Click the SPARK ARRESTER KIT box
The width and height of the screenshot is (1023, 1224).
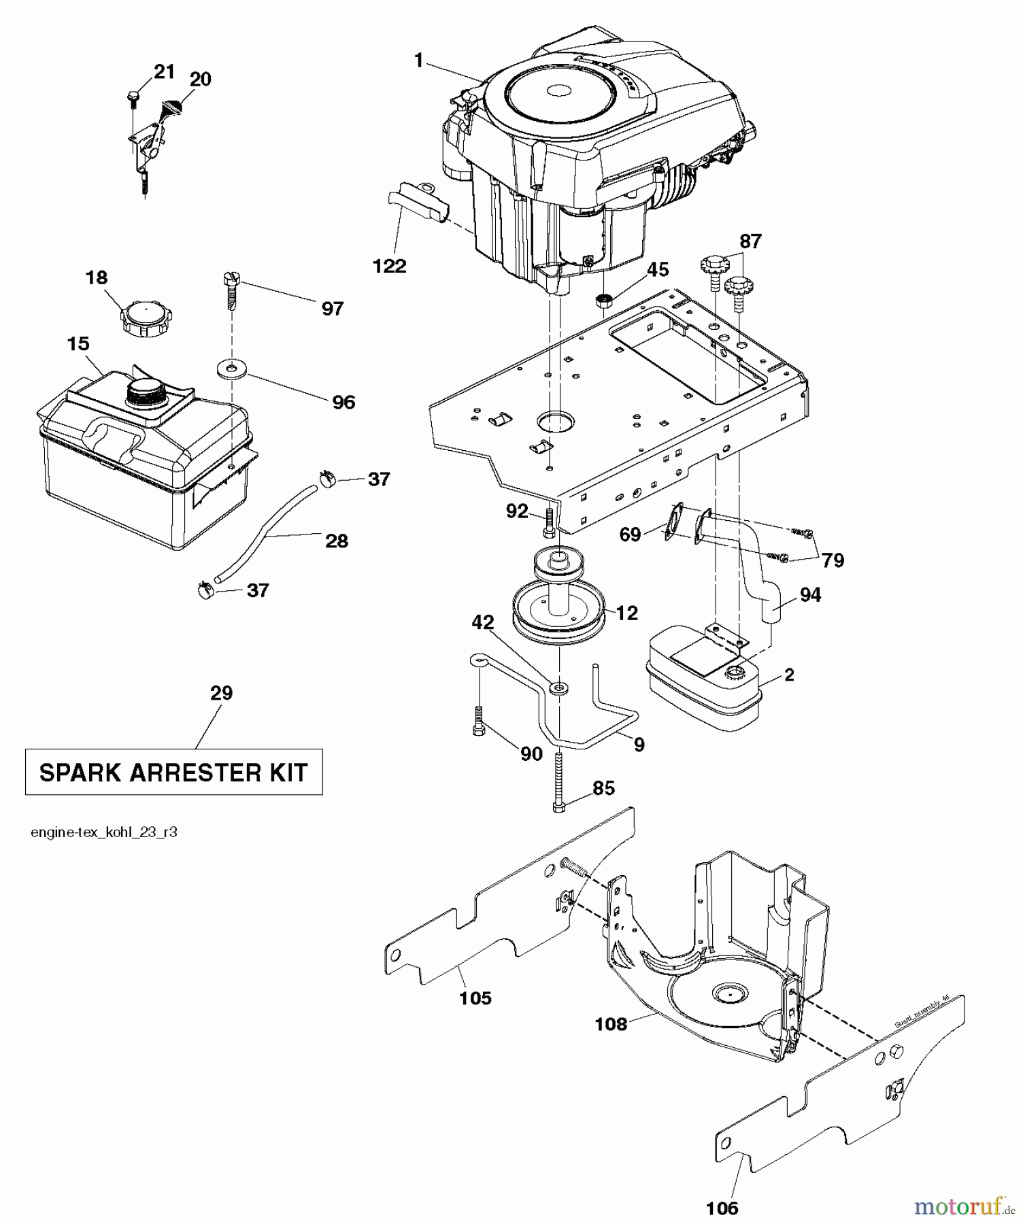(173, 772)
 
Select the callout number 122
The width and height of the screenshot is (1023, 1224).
(390, 266)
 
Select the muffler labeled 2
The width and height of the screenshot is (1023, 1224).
(704, 680)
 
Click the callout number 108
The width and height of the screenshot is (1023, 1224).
(611, 1023)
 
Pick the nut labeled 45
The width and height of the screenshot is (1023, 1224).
(603, 299)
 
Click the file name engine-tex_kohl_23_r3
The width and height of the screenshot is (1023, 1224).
(104, 832)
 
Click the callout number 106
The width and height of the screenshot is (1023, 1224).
(722, 1208)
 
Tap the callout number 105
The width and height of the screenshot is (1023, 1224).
(475, 998)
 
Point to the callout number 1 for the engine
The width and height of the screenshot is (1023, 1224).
(419, 61)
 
